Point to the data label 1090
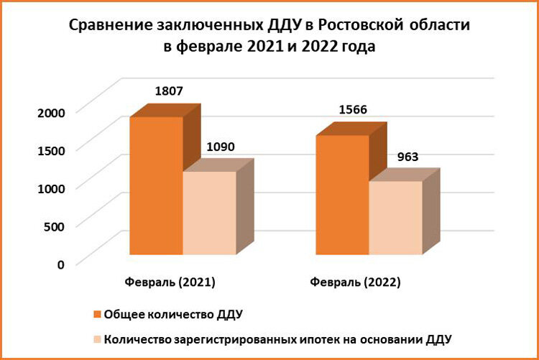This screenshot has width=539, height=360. click(221, 148)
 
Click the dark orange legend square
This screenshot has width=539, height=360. click(96, 314)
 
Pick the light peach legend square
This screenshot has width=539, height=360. click(96, 338)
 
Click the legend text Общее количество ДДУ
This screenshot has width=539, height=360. click(174, 314)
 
